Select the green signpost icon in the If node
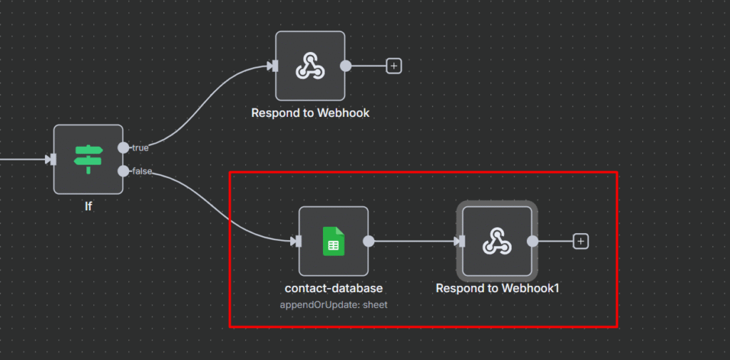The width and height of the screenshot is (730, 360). pos(88,158)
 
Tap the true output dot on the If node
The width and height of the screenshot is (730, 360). pos(123,148)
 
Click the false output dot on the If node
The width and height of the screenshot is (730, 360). pos(123,170)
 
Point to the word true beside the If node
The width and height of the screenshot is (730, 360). pos(140,148)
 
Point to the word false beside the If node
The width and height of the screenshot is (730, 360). pos(143,170)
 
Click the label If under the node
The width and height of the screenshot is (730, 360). pos(88,207)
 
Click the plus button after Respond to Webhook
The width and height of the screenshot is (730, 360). pos(394,66)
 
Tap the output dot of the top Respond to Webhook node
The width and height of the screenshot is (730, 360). pos(346,66)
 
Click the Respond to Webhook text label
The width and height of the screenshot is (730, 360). pos(310,113)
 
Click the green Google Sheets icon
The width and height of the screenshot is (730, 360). pos(333,241)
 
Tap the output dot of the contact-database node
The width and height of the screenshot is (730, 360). pos(369,241)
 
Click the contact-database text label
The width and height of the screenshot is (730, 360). pos(334,288)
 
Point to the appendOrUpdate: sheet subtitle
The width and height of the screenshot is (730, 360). pos(334,304)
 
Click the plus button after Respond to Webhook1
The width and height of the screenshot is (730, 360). pos(581,241)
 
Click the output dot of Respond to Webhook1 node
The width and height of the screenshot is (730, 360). pos(533,241)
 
